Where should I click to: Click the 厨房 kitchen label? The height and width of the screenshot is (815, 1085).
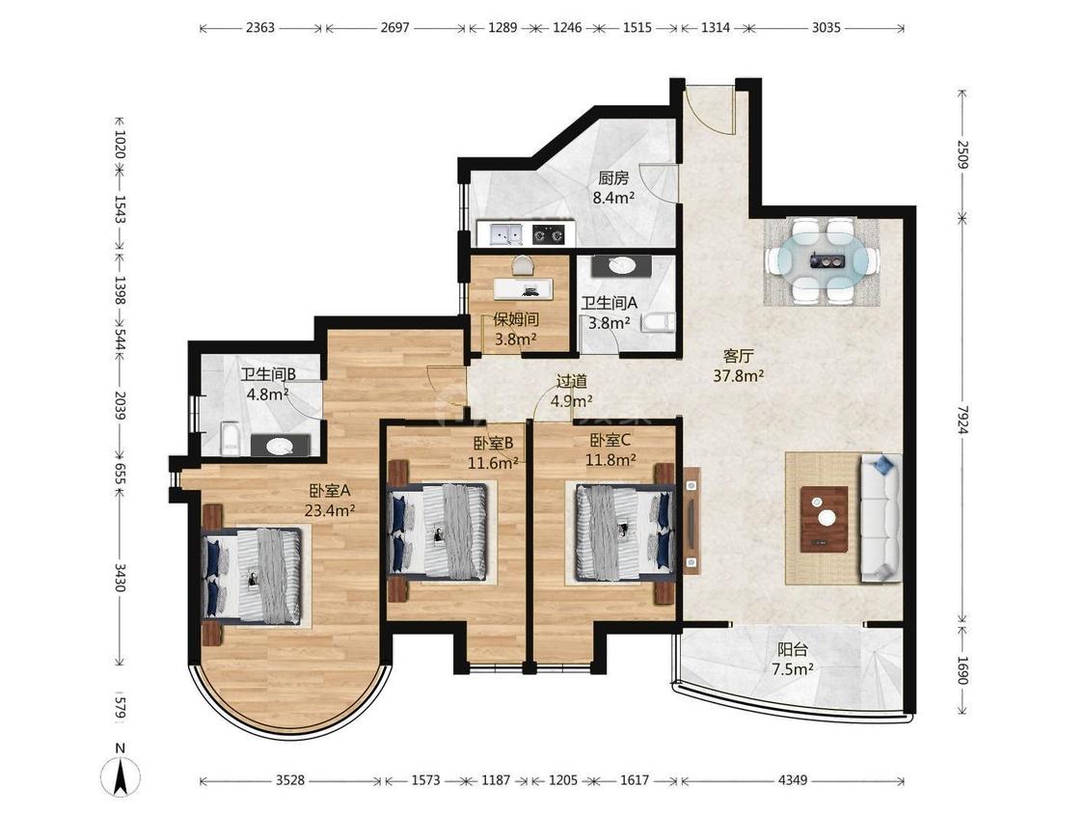click(x=613, y=178)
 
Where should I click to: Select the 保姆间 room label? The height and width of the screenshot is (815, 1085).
click(x=516, y=319)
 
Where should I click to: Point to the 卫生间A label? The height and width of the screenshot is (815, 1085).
click(x=609, y=303)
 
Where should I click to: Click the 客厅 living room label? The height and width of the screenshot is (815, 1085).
click(x=738, y=356)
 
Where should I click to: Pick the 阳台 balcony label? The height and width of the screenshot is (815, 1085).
click(x=793, y=650)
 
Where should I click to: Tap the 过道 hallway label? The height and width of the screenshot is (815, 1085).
click(x=572, y=381)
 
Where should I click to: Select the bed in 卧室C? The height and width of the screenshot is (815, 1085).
click(x=625, y=531)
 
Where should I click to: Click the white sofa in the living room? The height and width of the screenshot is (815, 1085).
click(x=881, y=518)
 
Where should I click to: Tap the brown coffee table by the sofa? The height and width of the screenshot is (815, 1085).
click(x=825, y=519)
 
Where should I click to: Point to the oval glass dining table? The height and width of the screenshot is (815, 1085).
click(x=822, y=260)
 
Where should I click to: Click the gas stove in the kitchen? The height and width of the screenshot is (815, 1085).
click(x=549, y=234)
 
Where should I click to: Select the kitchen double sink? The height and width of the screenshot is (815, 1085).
click(x=505, y=234)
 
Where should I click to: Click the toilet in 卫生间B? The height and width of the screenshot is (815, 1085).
click(x=231, y=439)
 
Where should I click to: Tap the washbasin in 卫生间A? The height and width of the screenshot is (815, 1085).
click(x=621, y=265)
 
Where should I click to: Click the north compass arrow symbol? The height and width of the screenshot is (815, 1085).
click(x=122, y=774)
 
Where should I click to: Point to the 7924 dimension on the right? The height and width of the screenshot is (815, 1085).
click(x=962, y=420)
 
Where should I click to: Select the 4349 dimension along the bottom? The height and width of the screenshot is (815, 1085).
click(x=793, y=780)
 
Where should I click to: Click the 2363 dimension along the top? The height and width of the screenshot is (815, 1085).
click(x=260, y=28)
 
